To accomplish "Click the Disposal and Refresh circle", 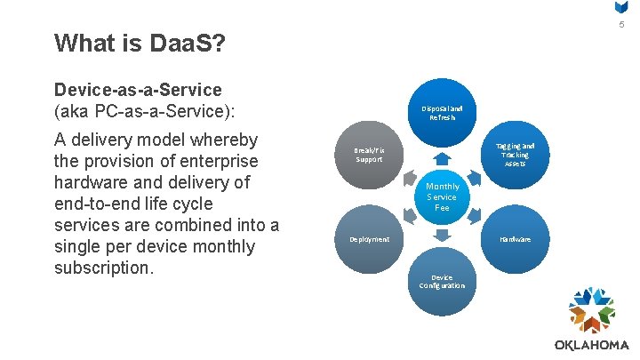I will [x=442, y=113].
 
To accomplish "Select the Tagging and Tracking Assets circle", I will [x=515, y=155].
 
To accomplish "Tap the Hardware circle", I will [x=515, y=239].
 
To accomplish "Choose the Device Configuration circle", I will [x=442, y=282].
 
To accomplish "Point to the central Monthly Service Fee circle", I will [x=442, y=196].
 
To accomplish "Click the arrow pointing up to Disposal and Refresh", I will [x=442, y=156].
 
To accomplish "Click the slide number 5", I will [x=622, y=24].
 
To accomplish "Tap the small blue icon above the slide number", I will [x=622, y=7].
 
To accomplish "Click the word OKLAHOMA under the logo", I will [x=592, y=345].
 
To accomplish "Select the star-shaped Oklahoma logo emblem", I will [x=592, y=311].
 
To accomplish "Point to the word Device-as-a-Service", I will [x=138, y=90].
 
